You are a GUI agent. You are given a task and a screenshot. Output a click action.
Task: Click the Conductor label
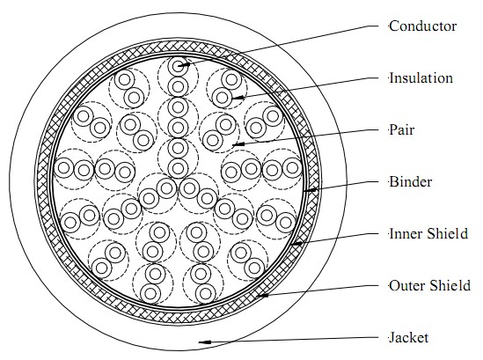coord(422,26)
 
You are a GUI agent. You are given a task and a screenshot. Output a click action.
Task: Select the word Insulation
coord(421,78)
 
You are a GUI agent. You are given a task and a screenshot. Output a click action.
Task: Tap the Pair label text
coord(402,130)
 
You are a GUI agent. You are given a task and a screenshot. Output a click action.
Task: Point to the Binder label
coord(410,182)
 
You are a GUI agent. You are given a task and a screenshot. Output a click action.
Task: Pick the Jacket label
coord(408,338)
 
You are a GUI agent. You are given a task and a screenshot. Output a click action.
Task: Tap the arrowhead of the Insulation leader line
coord(238,98)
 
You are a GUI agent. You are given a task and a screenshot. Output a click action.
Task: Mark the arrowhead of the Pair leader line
coord(238,144)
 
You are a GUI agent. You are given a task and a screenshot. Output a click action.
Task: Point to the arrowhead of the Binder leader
coord(311,190)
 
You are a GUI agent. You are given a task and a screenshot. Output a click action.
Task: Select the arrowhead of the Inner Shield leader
coord(297,244)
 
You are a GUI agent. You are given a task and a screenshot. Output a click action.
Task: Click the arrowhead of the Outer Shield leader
coord(262,296)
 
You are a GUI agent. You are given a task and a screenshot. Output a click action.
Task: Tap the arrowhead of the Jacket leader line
coord(205,342)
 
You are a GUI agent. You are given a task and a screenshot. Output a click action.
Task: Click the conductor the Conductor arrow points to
coord(178,66)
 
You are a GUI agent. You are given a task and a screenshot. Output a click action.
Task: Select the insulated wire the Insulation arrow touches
coord(222,98)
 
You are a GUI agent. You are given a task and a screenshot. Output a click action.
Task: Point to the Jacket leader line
coord(289,340)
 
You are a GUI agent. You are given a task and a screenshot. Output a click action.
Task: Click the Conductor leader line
coord(278,46)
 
